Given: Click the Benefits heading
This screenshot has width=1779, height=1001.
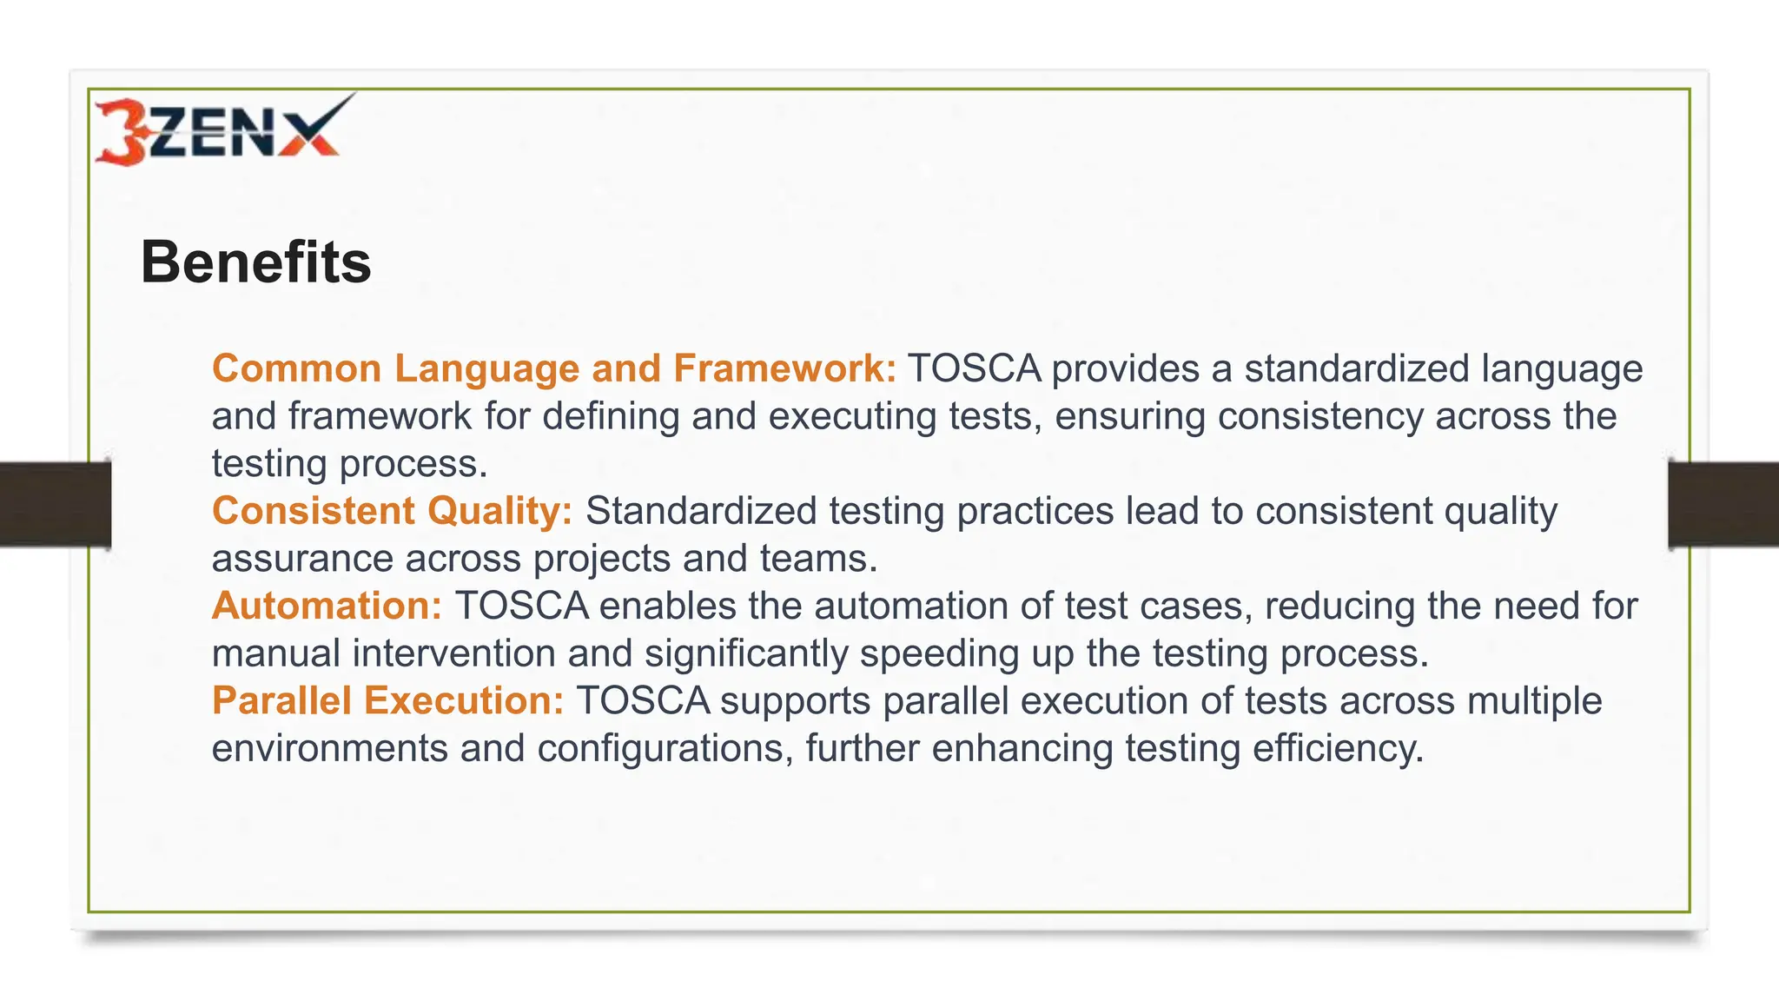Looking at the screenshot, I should (255, 262).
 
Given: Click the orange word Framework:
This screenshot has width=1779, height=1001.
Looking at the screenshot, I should (784, 368).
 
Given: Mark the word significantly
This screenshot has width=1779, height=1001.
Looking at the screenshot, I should (746, 653).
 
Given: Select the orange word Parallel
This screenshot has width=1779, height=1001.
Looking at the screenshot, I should (281, 700).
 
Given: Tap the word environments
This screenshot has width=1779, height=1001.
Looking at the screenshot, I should (330, 748).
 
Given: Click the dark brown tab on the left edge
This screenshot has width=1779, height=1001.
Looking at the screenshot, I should (55, 504).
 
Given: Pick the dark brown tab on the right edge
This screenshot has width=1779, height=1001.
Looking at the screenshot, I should (1723, 504).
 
